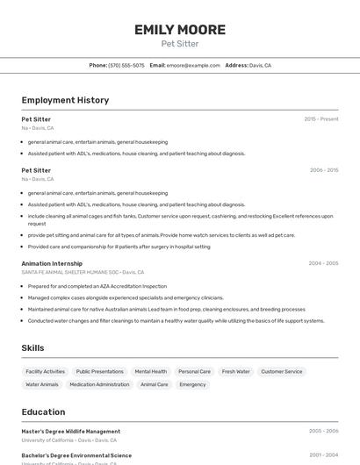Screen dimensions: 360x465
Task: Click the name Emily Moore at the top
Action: tap(179, 30)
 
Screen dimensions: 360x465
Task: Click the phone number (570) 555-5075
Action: tap(126, 65)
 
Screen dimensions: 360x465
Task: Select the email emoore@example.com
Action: tap(193, 65)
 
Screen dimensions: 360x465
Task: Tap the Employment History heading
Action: tap(65, 100)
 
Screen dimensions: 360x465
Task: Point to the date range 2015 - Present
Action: tap(320, 118)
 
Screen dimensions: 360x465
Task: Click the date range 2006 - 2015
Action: tap(323, 170)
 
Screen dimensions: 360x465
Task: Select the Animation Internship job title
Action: tap(52, 262)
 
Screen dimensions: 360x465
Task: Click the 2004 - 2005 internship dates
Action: tap(323, 262)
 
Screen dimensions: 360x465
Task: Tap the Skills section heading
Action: tap(32, 348)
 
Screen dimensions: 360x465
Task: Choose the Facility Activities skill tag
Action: tap(45, 371)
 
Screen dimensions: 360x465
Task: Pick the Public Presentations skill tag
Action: tap(99, 371)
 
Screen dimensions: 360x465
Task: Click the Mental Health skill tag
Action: tap(150, 371)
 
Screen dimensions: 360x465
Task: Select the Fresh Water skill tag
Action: tap(235, 371)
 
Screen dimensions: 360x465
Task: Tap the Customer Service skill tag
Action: tap(281, 371)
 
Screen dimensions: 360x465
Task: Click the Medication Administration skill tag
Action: tap(99, 384)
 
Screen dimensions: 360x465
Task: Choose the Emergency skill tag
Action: tap(192, 384)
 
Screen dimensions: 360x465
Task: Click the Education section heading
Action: tap(43, 411)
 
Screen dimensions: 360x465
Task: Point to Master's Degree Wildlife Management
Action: tap(71, 431)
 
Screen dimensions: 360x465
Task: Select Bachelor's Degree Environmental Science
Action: tap(76, 455)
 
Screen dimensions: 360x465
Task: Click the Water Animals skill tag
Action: tap(42, 384)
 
